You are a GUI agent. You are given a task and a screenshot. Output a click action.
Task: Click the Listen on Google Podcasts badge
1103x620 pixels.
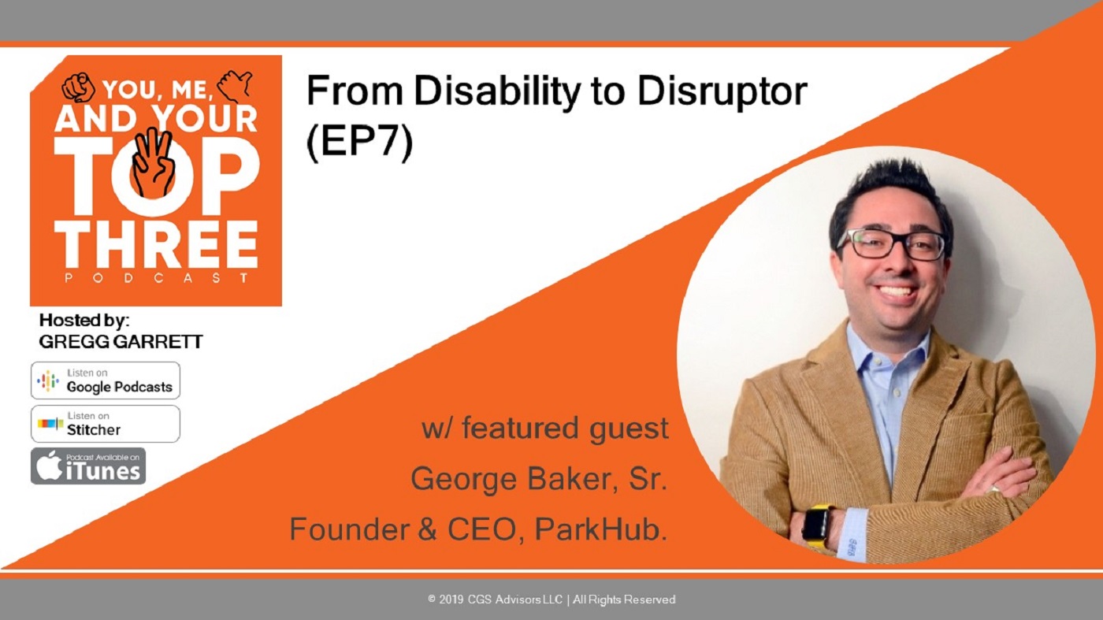(106, 381)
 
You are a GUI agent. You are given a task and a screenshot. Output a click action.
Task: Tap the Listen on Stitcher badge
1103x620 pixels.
(106, 424)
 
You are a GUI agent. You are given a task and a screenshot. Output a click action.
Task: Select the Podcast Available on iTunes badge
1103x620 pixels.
(88, 466)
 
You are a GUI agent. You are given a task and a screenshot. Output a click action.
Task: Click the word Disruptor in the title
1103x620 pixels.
(722, 91)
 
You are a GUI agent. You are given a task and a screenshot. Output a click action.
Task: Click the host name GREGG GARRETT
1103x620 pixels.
(121, 342)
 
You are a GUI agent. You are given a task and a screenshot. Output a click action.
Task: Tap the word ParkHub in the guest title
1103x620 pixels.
(600, 529)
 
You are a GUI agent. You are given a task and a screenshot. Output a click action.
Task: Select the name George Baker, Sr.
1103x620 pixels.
(539, 479)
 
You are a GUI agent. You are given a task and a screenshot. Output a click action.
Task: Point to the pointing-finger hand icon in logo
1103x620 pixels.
(78, 87)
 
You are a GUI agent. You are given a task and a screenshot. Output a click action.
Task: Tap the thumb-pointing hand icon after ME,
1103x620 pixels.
(235, 85)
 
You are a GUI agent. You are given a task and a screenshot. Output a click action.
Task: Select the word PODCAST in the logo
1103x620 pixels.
(157, 278)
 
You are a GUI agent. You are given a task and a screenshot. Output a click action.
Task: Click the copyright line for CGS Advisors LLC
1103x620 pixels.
(551, 600)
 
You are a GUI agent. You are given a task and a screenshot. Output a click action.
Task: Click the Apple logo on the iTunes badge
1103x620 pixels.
(48, 465)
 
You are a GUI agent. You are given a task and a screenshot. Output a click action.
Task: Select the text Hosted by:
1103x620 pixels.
(84, 320)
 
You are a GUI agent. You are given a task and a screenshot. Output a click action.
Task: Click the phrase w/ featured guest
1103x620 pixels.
(545, 429)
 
